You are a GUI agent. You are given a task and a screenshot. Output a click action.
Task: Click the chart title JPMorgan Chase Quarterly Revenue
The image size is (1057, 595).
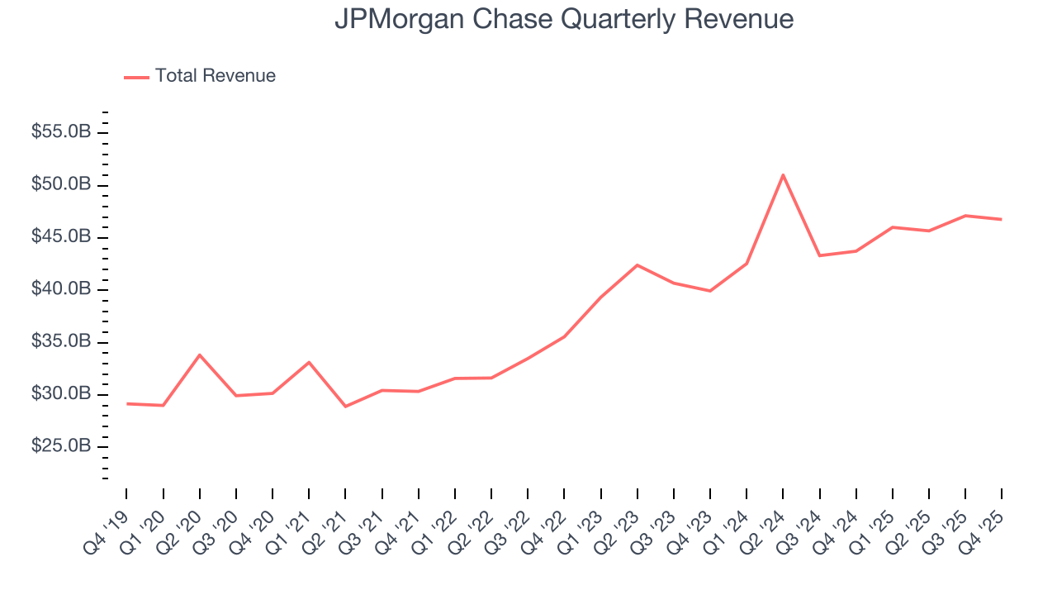tap(564, 20)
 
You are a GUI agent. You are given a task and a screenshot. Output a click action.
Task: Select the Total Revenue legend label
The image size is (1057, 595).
tap(215, 76)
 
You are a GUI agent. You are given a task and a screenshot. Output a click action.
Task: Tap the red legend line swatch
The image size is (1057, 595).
tap(136, 77)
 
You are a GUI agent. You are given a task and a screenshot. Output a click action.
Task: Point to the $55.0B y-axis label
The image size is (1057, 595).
tap(62, 132)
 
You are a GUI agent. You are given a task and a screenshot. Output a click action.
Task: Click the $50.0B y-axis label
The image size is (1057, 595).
tap(62, 184)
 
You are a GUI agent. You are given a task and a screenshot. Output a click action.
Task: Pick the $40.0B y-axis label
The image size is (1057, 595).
tap(62, 289)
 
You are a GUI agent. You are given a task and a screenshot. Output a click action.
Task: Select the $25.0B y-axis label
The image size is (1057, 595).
tap(62, 446)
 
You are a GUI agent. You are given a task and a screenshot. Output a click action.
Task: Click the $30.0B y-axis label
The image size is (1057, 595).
tap(62, 394)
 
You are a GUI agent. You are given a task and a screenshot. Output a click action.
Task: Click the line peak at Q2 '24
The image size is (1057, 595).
tap(783, 175)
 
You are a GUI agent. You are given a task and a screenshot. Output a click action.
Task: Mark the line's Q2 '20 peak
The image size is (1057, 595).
tap(200, 355)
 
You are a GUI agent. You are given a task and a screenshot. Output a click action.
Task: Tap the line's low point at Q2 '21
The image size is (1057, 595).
tap(345, 406)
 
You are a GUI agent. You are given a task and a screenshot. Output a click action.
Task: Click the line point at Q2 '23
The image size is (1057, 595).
tap(637, 265)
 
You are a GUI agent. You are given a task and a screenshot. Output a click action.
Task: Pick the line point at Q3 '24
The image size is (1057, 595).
tap(819, 255)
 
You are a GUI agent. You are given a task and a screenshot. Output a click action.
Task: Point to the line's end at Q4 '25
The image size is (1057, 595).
tap(1001, 219)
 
